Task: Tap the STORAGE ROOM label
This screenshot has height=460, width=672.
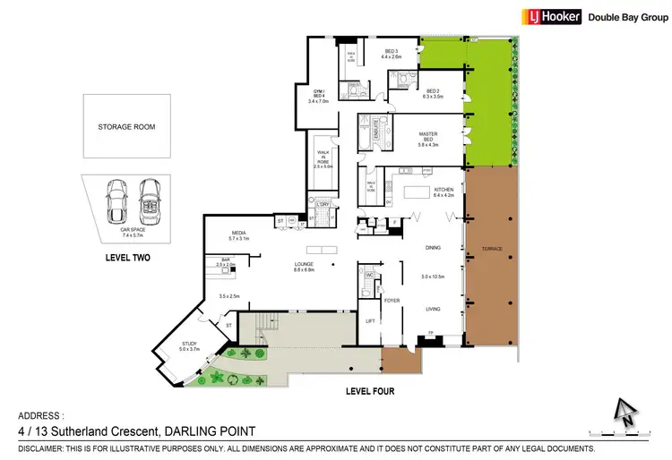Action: (x=126, y=127)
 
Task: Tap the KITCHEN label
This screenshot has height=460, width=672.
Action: (x=444, y=190)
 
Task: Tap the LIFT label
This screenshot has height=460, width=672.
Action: (x=370, y=319)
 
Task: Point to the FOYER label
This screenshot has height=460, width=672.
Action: (x=392, y=301)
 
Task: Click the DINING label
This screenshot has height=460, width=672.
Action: (x=433, y=247)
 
